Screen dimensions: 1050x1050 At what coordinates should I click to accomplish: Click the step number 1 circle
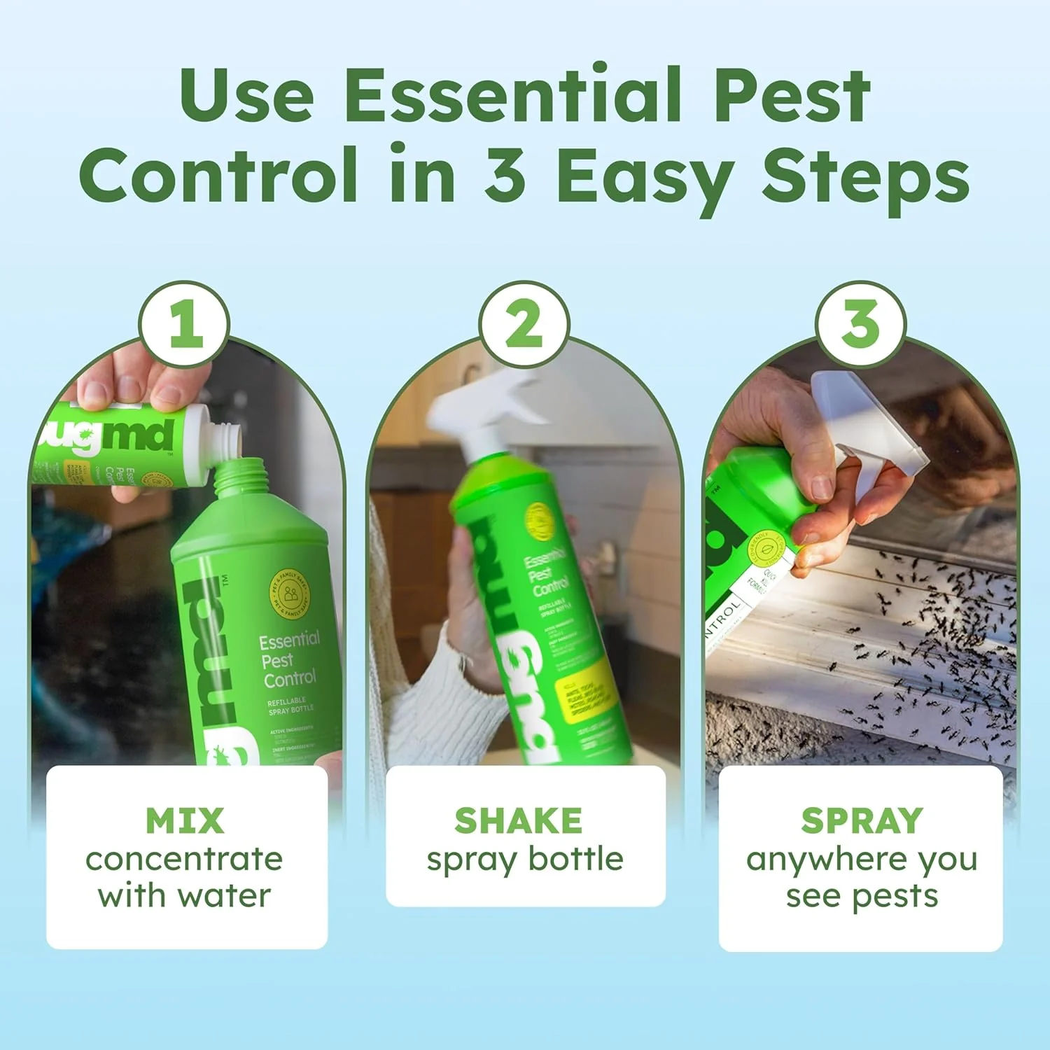(x=185, y=324)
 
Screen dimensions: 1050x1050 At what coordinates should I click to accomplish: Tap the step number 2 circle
(x=524, y=324)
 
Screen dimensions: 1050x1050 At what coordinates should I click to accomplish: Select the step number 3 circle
(x=861, y=324)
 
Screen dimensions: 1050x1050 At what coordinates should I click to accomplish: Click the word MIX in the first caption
(x=185, y=820)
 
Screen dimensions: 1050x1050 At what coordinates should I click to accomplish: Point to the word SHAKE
(x=518, y=820)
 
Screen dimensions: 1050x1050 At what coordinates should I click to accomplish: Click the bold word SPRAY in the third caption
(x=862, y=820)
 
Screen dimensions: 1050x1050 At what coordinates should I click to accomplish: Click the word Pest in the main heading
(x=792, y=94)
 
